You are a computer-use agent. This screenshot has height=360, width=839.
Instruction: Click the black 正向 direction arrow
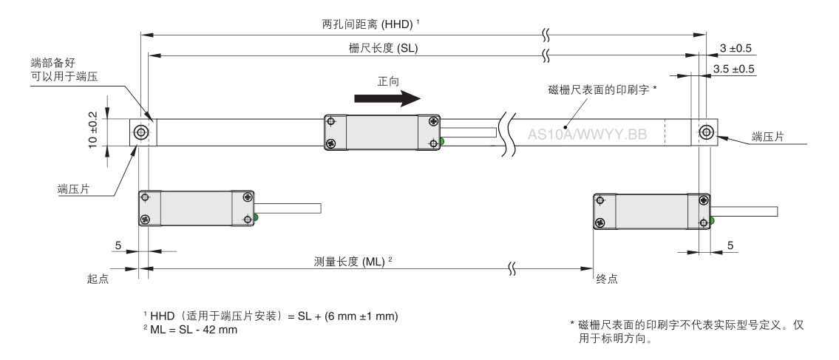(x=384, y=98)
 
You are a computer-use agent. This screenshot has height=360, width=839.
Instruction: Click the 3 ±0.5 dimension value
(x=736, y=49)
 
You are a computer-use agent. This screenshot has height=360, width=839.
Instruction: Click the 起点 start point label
(x=98, y=279)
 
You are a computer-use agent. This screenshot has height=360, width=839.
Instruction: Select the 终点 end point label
(x=606, y=279)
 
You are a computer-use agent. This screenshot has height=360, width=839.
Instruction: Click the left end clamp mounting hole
(x=140, y=132)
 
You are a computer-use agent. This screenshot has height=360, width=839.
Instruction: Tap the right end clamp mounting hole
(x=707, y=132)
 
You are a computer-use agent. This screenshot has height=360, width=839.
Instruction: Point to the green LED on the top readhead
(x=442, y=141)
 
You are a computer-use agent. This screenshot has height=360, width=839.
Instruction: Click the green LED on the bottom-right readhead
(x=713, y=220)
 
